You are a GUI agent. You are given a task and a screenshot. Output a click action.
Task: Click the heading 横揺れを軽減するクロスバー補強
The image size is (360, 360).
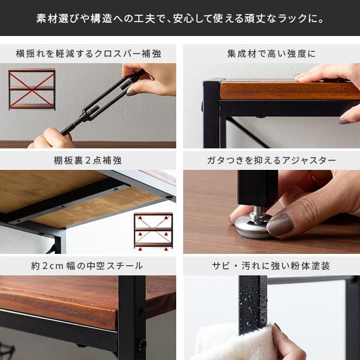point(88,54)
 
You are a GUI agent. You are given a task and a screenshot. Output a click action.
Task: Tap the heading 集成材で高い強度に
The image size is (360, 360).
point(272,54)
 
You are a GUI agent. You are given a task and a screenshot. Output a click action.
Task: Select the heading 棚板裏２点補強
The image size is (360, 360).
point(88,160)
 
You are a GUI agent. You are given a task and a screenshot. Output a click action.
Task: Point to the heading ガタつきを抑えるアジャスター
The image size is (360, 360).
point(272,160)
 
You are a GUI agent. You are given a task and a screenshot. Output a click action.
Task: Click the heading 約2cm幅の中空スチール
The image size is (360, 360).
point(87,266)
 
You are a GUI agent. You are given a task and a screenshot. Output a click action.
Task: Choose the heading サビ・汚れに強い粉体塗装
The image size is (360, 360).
point(271,266)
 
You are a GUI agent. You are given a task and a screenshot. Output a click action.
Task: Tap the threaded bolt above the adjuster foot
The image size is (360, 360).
point(258,212)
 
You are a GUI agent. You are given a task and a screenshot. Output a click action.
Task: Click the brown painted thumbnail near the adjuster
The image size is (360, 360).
point(280,225)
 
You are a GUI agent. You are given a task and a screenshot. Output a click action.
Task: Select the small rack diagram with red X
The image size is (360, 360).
point(32,90)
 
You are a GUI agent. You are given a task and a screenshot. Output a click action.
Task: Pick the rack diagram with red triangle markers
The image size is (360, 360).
point(153,231)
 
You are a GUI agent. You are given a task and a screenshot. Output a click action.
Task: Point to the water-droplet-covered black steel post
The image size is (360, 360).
point(253,303)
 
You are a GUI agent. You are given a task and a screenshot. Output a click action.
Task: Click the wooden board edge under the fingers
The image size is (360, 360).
point(289,90)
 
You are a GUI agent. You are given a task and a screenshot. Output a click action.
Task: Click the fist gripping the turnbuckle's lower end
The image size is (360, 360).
point(52,138)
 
